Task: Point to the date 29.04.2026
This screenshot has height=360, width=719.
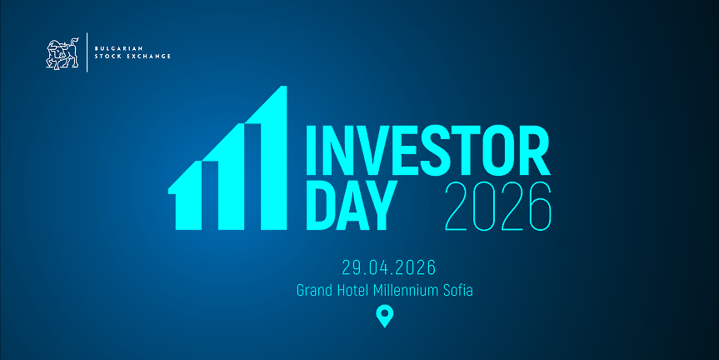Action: point(388,268)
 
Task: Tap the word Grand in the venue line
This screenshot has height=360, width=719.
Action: point(315,292)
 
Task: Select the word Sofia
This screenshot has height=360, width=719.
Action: point(457,292)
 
